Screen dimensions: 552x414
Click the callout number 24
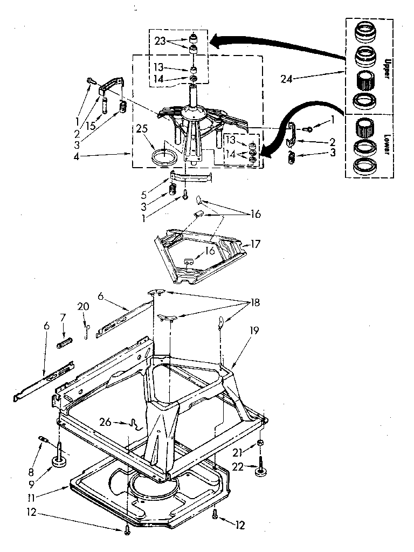[x=288, y=79]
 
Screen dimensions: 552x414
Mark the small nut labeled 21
[x=260, y=443]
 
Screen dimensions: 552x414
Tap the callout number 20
[x=83, y=307]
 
